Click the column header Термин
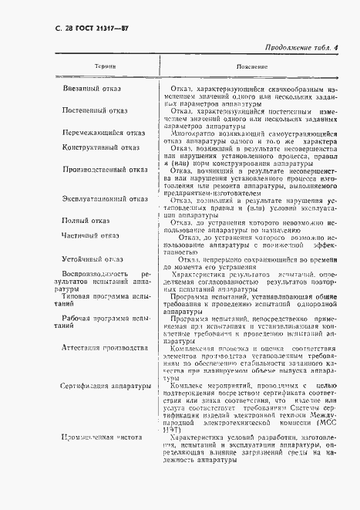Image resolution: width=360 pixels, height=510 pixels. (x=104, y=68)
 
